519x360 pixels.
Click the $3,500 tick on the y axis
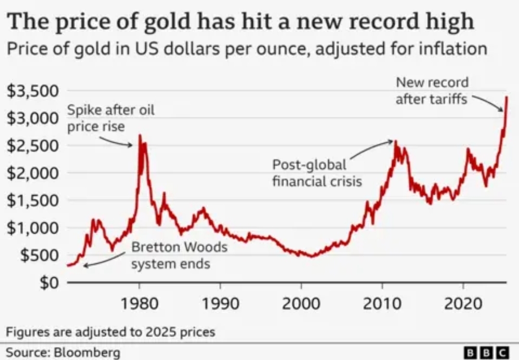[x=33, y=91]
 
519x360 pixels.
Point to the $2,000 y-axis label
[x=33, y=173]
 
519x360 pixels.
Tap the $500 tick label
[x=39, y=255]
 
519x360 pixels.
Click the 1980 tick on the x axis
[x=139, y=305]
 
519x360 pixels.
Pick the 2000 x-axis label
[x=301, y=305]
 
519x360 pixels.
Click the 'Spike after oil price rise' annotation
[x=110, y=119]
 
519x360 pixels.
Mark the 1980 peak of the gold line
[x=139, y=136]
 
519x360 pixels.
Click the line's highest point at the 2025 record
[x=507, y=98]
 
